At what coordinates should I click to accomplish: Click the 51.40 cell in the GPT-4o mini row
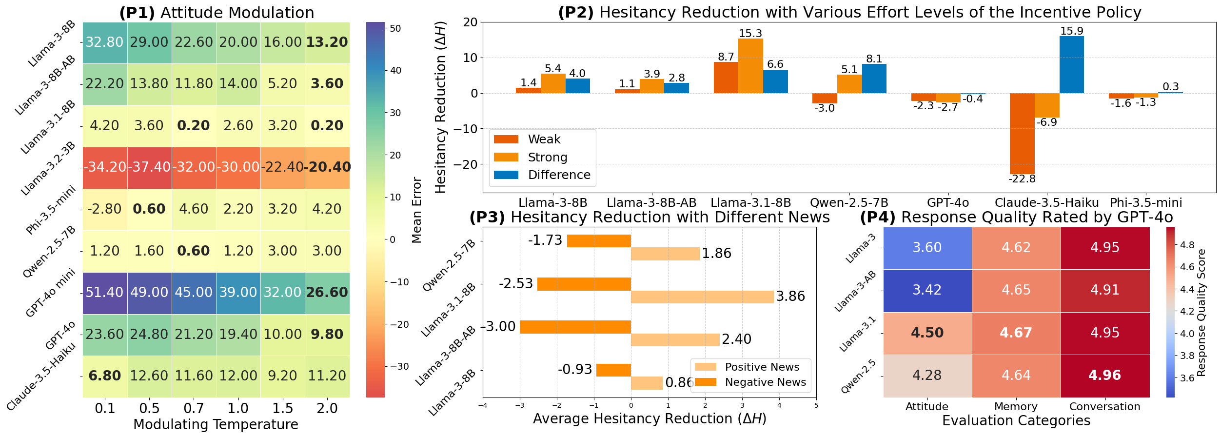[104, 293]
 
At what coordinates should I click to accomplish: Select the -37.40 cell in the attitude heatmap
[149, 167]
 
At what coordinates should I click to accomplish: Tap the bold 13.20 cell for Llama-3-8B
[327, 42]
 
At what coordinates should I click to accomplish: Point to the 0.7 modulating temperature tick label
[194, 408]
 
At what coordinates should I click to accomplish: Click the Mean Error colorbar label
[416, 210]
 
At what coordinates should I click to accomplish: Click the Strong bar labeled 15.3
[750, 66]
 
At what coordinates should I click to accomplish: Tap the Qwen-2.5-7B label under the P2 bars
[849, 202]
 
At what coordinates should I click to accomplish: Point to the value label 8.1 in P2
[874, 59]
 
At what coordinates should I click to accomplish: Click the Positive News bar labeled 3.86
[702, 297]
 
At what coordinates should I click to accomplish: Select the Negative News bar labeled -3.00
[575, 327]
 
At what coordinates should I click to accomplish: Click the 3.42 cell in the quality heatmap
[927, 290]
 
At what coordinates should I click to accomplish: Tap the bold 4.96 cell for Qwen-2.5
[1104, 376]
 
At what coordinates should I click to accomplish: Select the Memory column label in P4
[1016, 406]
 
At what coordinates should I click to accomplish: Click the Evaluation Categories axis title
[1016, 421]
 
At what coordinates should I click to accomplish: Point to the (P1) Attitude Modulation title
[217, 13]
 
